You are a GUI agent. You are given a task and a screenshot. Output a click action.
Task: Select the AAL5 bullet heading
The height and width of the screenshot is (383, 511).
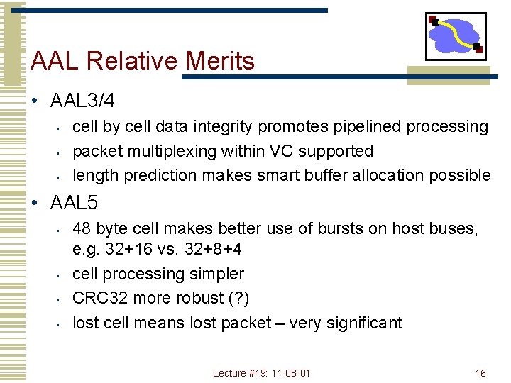[x=74, y=203]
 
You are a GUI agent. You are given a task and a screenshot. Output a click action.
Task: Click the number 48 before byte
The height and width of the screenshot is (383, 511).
[x=82, y=228]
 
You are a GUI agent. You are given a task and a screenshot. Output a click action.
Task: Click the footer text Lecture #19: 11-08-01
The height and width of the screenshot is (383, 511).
[x=262, y=373]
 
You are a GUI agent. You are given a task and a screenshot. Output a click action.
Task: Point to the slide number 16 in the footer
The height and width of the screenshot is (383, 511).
[x=480, y=373]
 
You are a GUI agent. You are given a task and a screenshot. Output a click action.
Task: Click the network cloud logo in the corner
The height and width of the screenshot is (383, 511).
[x=456, y=35]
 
